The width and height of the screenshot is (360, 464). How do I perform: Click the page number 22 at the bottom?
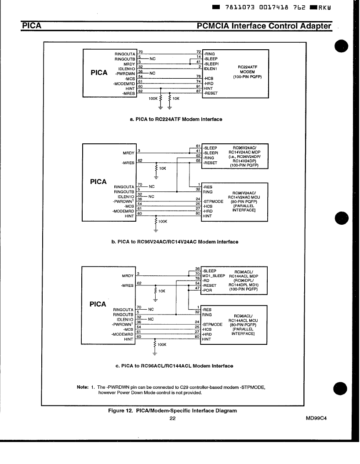[x=172, y=418]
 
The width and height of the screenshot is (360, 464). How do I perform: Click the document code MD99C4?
[x=316, y=418]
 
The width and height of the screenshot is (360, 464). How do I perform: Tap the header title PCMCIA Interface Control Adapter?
[x=264, y=26]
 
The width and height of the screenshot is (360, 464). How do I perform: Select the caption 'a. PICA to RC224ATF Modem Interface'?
[x=176, y=119]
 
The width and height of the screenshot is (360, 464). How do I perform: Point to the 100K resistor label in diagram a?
[x=153, y=99]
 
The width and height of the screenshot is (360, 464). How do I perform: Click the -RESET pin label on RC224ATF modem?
[x=211, y=93]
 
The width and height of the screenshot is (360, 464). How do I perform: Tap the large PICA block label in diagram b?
[x=98, y=182]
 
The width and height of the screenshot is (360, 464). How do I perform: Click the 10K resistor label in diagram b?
[x=163, y=168]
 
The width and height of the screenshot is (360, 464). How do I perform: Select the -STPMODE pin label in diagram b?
[x=213, y=201]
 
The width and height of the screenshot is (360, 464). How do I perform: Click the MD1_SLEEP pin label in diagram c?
[x=214, y=276]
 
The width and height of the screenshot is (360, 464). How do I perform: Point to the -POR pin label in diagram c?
[x=207, y=290]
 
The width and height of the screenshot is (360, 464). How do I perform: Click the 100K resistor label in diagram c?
[x=162, y=345]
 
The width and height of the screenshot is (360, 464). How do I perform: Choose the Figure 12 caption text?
[x=172, y=411]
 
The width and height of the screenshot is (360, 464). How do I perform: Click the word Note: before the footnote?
[x=83, y=387]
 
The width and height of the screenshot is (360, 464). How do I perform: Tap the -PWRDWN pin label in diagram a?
[x=125, y=74]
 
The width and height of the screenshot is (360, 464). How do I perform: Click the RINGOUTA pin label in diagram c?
[x=124, y=310]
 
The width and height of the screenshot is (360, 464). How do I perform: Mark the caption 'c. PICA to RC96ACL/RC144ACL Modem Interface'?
[x=174, y=366]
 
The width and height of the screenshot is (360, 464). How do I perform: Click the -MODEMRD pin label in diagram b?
[x=124, y=211]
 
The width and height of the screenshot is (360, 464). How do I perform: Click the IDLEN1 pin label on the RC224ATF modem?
[x=210, y=69]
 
